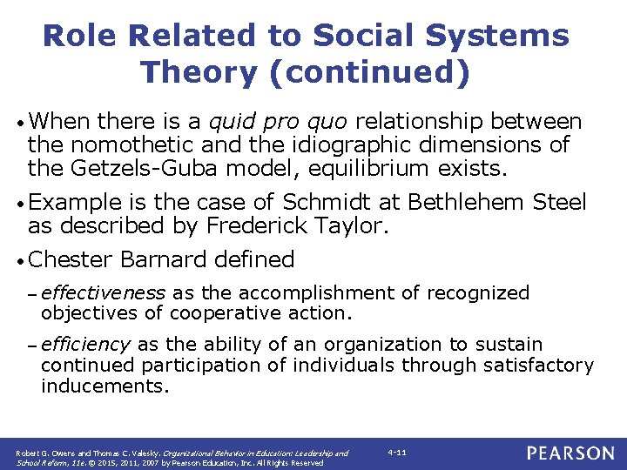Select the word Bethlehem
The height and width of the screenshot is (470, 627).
point(468,203)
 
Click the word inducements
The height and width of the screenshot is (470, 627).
point(104,386)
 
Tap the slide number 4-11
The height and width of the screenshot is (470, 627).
point(397,453)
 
